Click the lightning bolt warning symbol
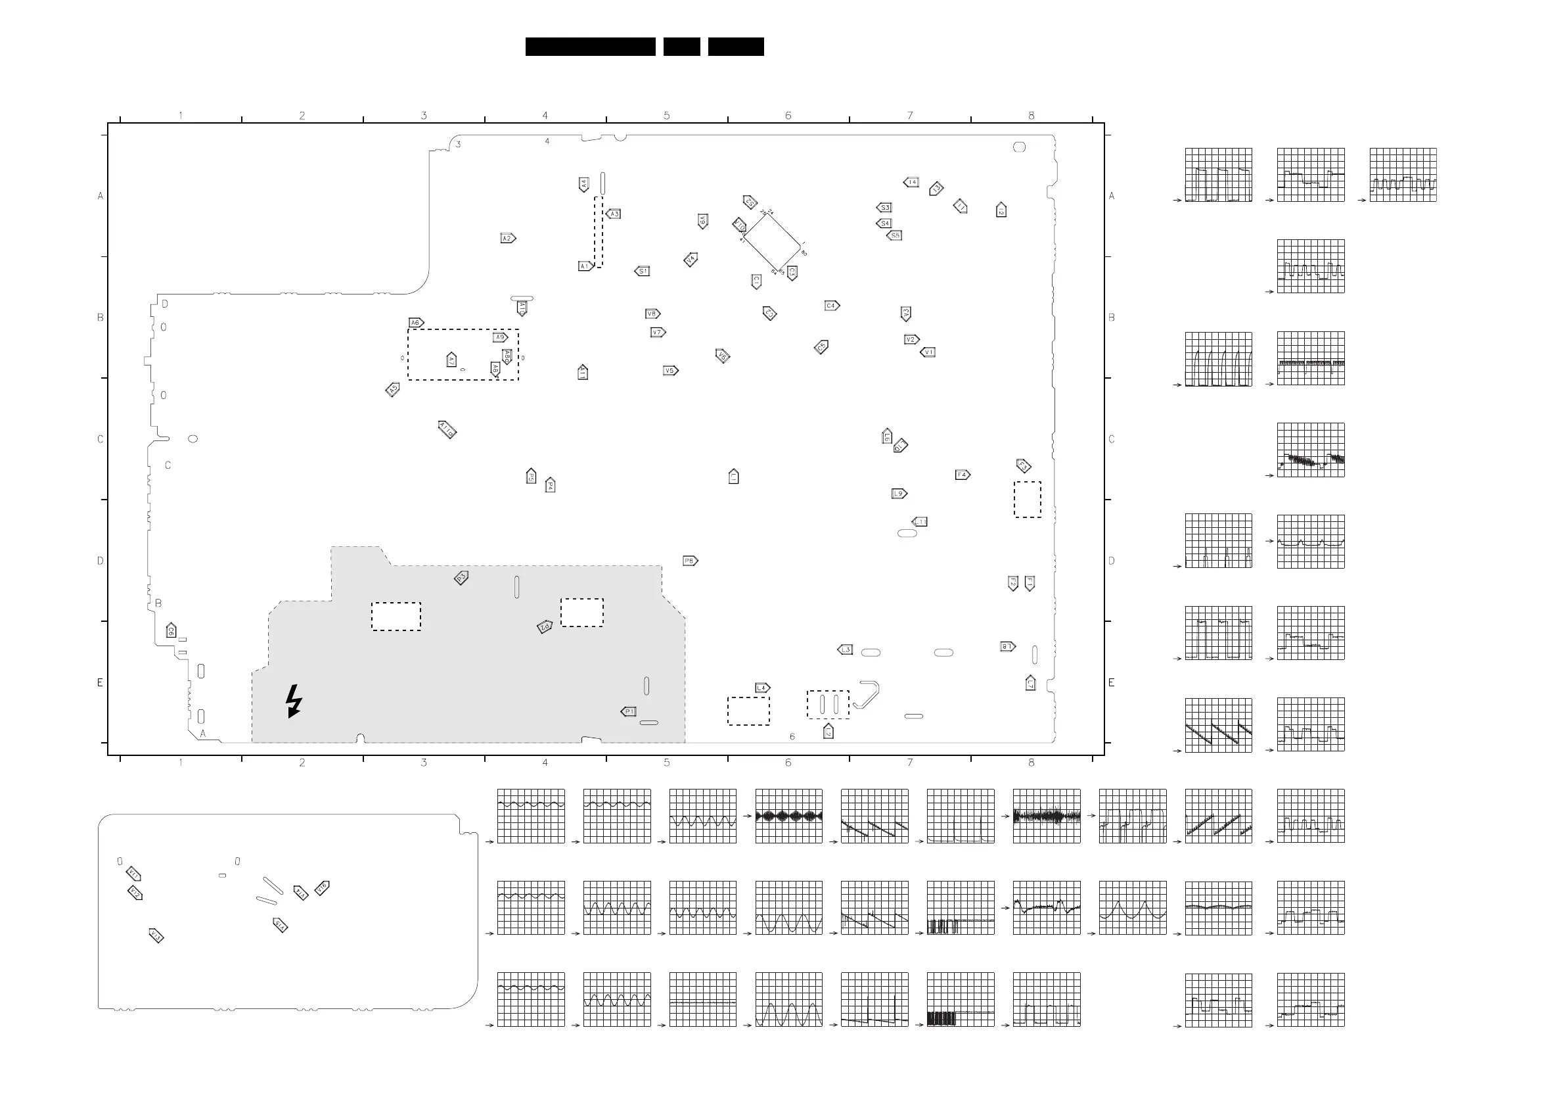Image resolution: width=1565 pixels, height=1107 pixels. pos(294,701)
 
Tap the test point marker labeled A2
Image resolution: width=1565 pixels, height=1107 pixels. pos(508,238)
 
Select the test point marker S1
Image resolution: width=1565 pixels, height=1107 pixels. pos(642,271)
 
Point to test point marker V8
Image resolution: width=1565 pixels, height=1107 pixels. pos(652,314)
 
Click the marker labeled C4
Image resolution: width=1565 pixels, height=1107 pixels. pos(832,306)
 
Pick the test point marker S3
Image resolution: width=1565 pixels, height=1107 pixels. pos(884,207)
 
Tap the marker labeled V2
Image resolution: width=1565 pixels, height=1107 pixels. pos(911,339)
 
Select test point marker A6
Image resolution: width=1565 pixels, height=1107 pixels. pos(416,323)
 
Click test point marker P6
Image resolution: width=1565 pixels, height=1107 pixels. pos(690,561)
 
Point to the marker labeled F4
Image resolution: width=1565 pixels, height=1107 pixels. pos(963,475)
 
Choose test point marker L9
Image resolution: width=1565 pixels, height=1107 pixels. pos(899,493)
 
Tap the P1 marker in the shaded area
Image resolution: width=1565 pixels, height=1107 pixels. pos(629,711)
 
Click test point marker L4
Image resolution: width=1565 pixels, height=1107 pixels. pos(763,688)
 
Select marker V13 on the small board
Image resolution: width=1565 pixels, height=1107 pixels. pos(156,935)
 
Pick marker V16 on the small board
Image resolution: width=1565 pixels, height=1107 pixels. pos(323,888)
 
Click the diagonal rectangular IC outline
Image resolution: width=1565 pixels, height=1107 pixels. pos(771,241)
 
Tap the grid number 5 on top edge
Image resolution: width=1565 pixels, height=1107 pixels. pos(667,115)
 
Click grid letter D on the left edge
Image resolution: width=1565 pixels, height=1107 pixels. pos(101,561)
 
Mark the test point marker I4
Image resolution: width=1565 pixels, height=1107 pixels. pos(911,182)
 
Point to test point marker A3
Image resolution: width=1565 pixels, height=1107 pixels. pos(614,214)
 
